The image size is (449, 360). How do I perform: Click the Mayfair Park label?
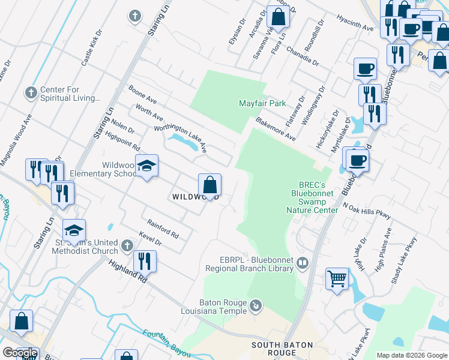[262, 103]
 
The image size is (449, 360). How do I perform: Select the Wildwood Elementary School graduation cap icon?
[146, 166]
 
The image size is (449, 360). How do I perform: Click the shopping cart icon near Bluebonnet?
[337, 278]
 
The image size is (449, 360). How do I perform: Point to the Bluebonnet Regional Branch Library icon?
[303, 263]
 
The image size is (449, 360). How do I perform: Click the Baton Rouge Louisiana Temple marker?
[256, 306]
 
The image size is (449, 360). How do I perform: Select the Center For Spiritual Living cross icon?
[31, 93]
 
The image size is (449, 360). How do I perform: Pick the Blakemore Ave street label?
[276, 129]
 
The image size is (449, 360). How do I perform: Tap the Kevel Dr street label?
[149, 240]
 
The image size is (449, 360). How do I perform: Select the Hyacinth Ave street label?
[355, 23]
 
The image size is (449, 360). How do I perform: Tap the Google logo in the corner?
[20, 353]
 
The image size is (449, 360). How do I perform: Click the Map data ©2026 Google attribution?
[411, 355]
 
